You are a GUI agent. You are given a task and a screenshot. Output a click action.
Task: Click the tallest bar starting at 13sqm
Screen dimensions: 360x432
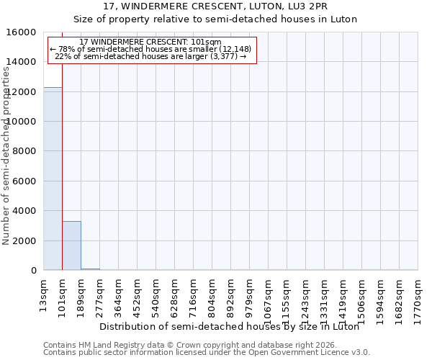point(53,179)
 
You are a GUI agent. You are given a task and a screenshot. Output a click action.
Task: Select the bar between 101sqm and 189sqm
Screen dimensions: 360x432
point(71,246)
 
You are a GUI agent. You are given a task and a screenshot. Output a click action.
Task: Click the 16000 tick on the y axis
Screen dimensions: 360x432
point(23,32)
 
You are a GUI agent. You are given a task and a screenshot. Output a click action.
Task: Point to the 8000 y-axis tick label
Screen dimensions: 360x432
point(26,151)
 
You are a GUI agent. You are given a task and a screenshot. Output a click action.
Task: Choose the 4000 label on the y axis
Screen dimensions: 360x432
point(26,211)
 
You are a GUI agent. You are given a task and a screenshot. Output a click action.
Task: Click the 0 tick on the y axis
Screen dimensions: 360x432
point(33,271)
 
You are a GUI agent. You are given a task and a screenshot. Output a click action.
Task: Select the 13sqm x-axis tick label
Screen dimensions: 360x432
point(44,293)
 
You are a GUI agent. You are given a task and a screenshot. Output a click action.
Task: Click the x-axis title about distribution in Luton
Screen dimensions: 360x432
point(229,326)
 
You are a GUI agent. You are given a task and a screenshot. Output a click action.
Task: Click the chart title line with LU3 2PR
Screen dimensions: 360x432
point(216,6)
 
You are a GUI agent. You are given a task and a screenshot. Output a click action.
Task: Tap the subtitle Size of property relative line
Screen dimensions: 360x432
point(216,19)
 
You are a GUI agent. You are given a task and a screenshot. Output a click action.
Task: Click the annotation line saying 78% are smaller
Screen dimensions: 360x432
point(150,49)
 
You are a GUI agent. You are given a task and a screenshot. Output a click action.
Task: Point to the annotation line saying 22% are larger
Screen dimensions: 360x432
point(150,56)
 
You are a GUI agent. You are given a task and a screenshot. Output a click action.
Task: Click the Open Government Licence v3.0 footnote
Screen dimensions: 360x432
point(207,353)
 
